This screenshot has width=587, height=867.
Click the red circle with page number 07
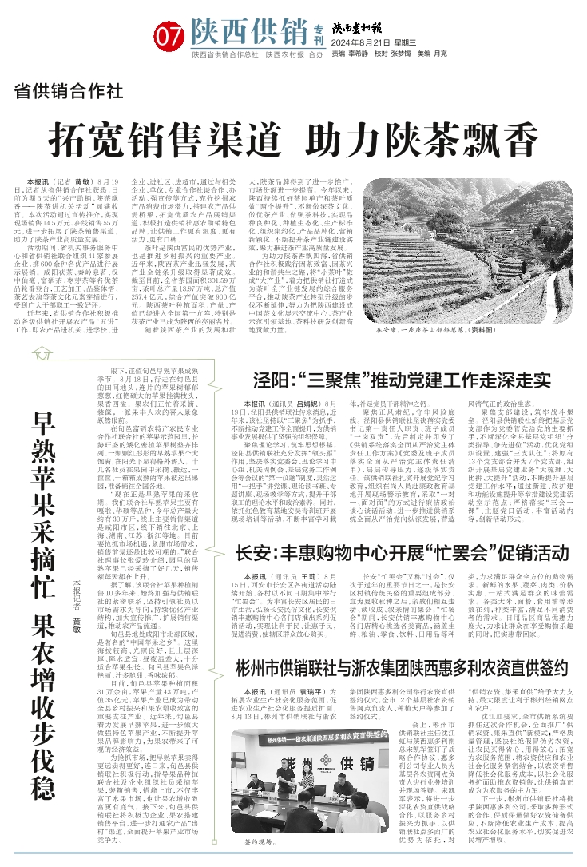coord(171,35)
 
